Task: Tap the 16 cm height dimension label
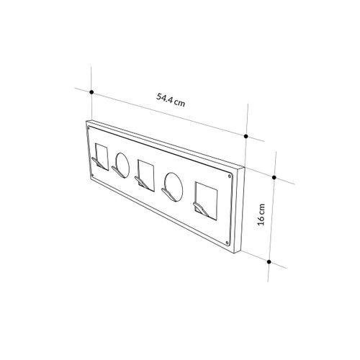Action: point(263,214)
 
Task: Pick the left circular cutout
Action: point(123,164)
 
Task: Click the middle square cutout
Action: point(146,174)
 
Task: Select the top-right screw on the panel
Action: point(230,175)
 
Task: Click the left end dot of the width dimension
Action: point(93,91)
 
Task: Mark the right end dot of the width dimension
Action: point(246,135)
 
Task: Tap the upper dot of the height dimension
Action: point(277,175)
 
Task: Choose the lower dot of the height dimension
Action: point(269,261)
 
